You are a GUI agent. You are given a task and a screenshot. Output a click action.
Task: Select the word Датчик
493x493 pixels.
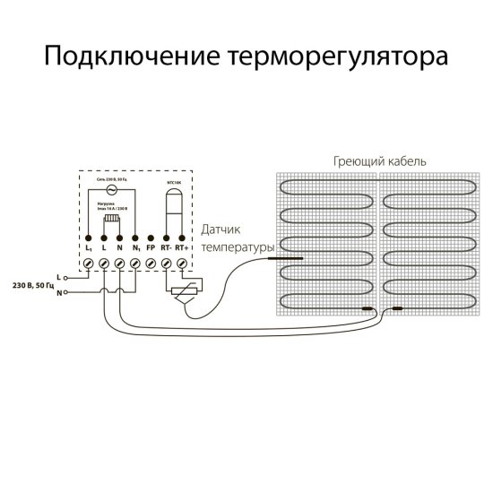[x=221, y=229]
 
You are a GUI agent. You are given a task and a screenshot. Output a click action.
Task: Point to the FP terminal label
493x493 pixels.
[x=151, y=246]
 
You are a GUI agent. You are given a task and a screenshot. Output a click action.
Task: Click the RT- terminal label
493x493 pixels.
[x=166, y=246]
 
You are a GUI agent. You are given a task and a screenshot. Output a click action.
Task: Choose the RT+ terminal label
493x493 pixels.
[x=183, y=246]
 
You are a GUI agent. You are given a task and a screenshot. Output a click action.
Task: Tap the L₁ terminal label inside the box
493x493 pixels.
[x=89, y=246]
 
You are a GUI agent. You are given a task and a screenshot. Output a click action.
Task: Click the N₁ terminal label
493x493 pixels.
[x=135, y=246]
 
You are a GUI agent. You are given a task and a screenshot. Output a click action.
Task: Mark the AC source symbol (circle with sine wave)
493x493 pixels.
[x=112, y=190]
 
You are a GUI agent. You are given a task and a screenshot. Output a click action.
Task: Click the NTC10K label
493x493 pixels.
[x=175, y=182]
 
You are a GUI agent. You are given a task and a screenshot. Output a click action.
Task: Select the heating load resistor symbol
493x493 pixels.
[x=112, y=220]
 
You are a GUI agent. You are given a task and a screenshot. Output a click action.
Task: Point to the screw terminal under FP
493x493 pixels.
[x=151, y=263]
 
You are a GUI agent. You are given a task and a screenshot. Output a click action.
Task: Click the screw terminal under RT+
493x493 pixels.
[x=182, y=263]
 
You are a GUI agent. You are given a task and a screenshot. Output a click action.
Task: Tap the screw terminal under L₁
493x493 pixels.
[x=89, y=263]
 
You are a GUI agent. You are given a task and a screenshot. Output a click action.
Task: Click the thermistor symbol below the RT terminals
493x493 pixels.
[x=184, y=292]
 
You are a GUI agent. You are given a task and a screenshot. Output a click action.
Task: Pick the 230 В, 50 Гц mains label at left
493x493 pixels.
[x=30, y=284]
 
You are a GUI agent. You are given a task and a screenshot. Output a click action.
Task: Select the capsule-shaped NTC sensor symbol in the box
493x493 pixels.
[x=175, y=211]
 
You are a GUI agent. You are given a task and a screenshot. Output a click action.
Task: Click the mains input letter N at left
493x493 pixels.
[x=59, y=292]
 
